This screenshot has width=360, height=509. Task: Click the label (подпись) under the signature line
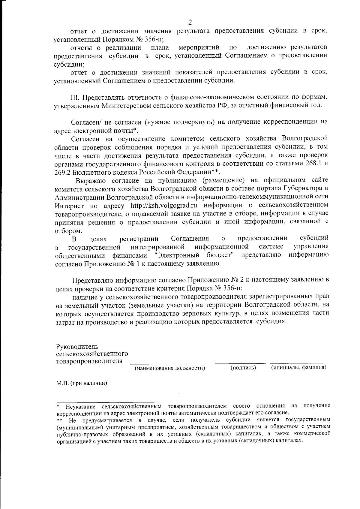(x=243, y=368)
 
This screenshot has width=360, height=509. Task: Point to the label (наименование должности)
(x=170, y=368)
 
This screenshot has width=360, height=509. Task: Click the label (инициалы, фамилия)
(x=298, y=367)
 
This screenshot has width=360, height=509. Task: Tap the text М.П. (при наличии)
(x=82, y=383)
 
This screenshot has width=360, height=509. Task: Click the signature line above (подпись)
(x=240, y=363)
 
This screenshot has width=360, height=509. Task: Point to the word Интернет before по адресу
(x=69, y=206)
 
